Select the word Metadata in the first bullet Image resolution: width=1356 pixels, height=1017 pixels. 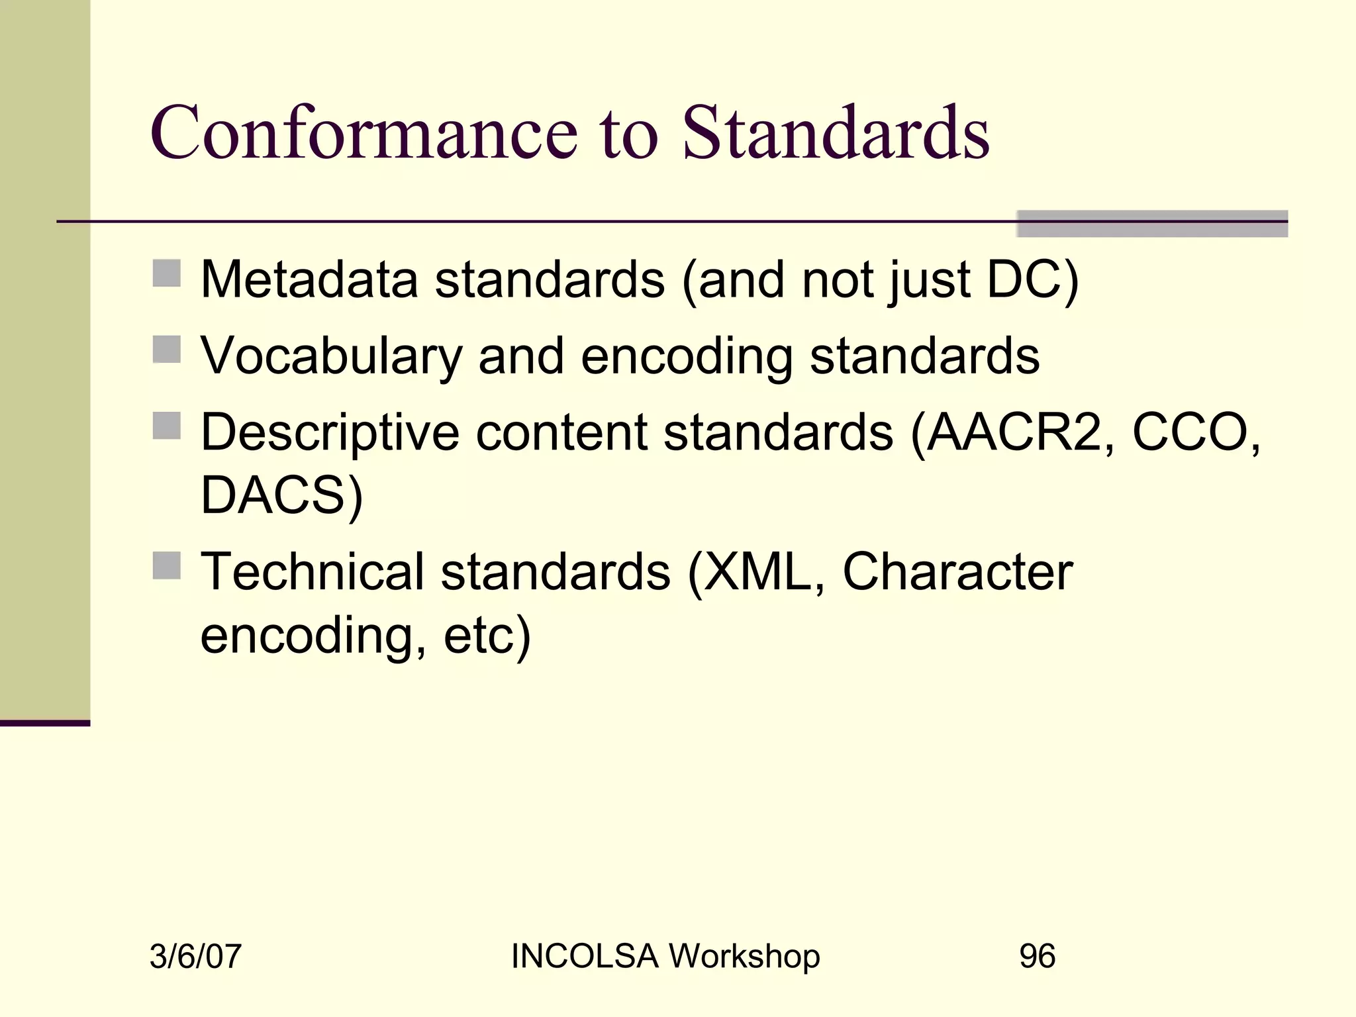point(309,279)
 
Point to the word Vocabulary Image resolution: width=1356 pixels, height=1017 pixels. point(331,356)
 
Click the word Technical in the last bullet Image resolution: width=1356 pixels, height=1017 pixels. point(312,572)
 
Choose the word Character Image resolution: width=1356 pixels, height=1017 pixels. point(957,572)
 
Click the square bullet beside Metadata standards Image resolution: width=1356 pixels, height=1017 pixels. point(166,273)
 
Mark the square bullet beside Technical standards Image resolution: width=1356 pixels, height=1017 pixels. point(166,565)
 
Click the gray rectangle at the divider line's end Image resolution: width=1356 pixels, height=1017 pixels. point(1152,224)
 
